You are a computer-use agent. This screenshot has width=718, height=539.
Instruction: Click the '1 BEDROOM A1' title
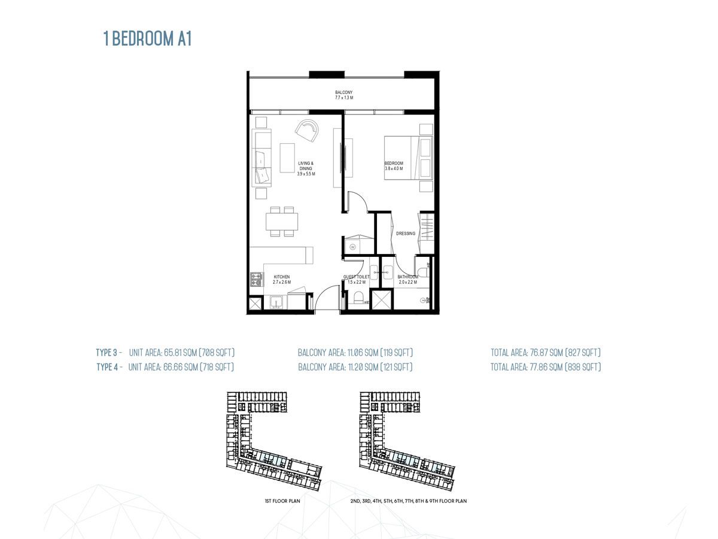147,40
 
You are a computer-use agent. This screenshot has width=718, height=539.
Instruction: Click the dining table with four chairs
282,222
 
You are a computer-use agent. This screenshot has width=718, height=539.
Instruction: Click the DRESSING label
405,234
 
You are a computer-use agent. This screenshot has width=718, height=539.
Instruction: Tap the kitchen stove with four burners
257,279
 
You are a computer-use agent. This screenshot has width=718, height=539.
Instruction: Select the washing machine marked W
352,246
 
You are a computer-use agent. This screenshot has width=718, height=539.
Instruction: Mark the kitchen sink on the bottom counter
276,301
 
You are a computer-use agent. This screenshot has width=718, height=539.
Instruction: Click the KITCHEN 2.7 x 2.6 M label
281,279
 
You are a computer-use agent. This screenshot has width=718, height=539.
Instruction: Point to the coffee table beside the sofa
288,158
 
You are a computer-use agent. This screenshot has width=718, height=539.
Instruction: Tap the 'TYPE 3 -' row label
109,352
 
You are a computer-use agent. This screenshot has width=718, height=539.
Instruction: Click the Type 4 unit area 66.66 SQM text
181,367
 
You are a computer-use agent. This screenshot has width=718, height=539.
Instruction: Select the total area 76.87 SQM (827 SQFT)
545,352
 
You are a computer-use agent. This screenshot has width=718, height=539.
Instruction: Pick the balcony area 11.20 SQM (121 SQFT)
355,367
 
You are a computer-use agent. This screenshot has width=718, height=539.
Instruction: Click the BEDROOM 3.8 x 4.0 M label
394,166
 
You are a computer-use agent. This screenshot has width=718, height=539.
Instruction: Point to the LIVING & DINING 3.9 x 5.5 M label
306,168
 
